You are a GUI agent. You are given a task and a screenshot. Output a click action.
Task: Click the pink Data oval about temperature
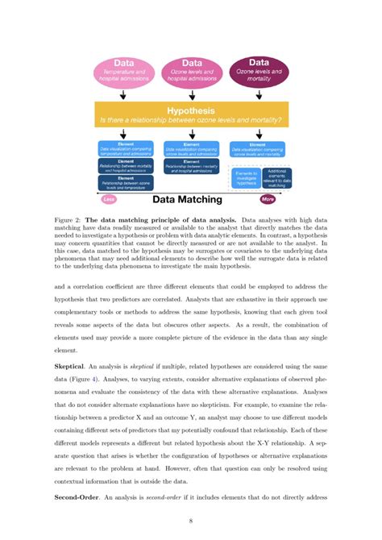pyautogui.click(x=123, y=71)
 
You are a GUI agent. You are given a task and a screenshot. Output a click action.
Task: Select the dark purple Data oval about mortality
pyautogui.click(x=259, y=71)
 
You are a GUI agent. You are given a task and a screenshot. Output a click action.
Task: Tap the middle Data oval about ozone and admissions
pyautogui.click(x=192, y=71)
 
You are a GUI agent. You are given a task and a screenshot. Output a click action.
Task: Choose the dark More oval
pyautogui.click(x=268, y=199)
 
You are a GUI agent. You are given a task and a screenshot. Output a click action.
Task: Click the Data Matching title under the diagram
pyautogui.click(x=188, y=199)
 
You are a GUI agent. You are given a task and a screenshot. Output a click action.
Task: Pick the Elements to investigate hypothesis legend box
pyautogui.click(x=246, y=178)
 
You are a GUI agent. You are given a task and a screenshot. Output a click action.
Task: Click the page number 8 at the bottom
pyautogui.click(x=191, y=523)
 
